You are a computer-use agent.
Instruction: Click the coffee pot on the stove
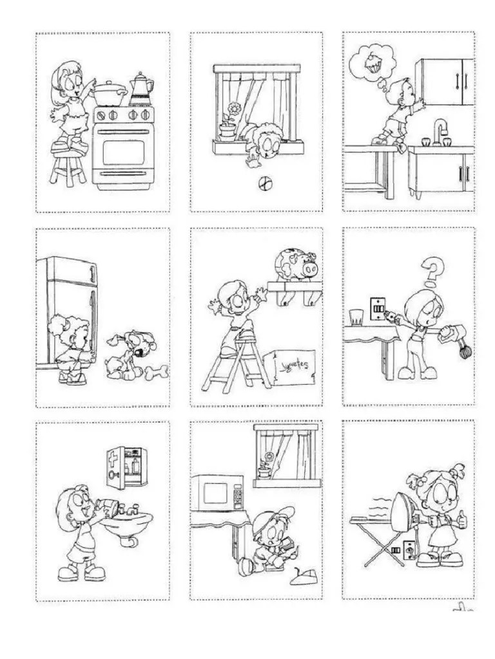(141, 89)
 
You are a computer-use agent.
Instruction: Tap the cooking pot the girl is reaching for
(110, 93)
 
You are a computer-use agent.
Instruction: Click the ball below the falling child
(263, 184)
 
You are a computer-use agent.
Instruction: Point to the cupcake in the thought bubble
(372, 62)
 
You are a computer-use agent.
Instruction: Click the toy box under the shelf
(293, 367)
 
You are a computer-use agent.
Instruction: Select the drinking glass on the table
(355, 317)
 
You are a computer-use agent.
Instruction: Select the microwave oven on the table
(219, 494)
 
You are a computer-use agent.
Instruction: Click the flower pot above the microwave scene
(263, 471)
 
